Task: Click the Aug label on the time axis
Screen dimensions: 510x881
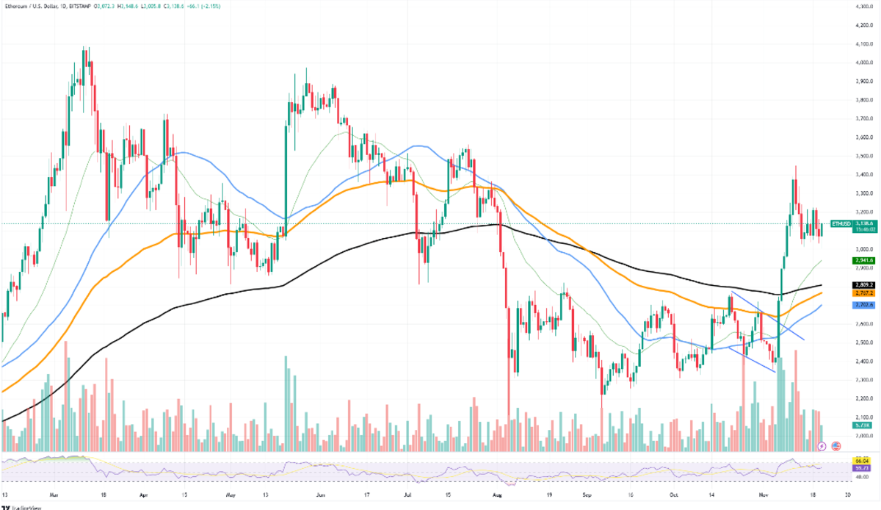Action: tap(498, 495)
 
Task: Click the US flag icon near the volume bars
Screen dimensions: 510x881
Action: tap(835, 445)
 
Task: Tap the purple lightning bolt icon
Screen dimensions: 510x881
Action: tap(822, 445)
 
